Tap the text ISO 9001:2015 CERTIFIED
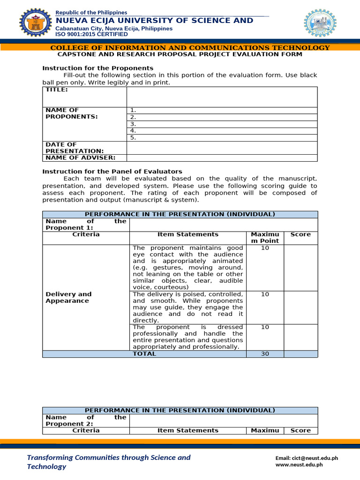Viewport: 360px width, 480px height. pyautogui.click(x=91, y=34)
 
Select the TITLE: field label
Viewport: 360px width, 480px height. pyautogui.click(x=56, y=90)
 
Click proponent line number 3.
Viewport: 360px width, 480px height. pyautogui.click(x=133, y=124)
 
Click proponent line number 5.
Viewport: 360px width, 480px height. pyautogui.click(x=133, y=138)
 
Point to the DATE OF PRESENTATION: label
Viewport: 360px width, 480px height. pyautogui.click(x=75, y=148)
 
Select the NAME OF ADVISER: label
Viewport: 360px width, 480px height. pyautogui.click(x=80, y=157)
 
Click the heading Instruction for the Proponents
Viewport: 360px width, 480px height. pyautogui.click(x=98, y=68)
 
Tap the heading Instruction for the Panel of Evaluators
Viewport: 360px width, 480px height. pyautogui.click(x=112, y=172)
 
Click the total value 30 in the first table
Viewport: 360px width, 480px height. pyautogui.click(x=265, y=354)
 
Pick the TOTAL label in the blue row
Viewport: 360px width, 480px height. pyautogui.click(x=144, y=354)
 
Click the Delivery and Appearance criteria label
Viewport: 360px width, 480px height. pyautogui.click(x=68, y=297)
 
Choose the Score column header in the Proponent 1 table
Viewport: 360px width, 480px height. pyautogui.click(x=300, y=234)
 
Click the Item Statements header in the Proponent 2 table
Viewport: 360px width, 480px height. pyautogui.click(x=188, y=430)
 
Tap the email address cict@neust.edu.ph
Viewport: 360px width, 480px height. pyautogui.click(x=306, y=458)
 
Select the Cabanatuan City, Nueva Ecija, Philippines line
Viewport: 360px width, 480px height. pyautogui.click(x=114, y=29)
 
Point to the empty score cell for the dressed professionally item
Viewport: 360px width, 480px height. pyautogui.click(x=300, y=337)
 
